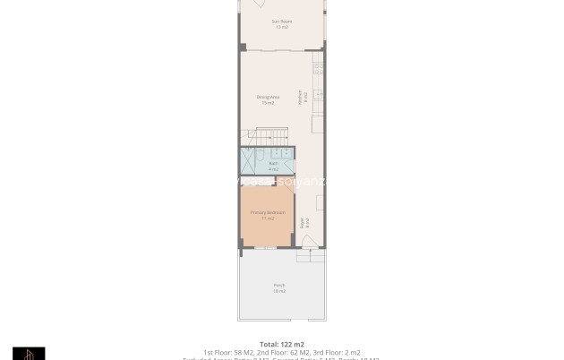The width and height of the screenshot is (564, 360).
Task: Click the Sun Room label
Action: click(281, 21)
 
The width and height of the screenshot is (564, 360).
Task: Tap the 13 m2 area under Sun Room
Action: click(281, 27)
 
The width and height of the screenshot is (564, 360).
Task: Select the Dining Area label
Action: click(268, 97)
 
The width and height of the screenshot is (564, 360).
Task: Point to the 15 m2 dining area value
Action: click(268, 103)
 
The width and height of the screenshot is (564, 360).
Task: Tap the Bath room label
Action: click(274, 163)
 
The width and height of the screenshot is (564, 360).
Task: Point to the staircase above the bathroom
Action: click(268, 136)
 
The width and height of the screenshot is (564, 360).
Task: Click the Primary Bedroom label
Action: click(267, 212)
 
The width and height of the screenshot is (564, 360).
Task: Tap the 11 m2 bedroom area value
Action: click(267, 219)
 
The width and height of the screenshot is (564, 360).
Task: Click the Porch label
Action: click(279, 285)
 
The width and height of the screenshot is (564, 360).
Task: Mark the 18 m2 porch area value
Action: click(279, 291)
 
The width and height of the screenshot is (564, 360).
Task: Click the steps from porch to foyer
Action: click(309, 255)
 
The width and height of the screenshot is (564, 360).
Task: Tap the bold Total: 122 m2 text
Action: click(281, 344)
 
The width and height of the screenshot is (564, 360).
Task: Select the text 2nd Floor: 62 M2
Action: click(283, 352)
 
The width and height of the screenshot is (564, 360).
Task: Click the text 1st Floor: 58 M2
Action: click(228, 352)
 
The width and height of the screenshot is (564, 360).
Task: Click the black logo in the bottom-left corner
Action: click(29, 354)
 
